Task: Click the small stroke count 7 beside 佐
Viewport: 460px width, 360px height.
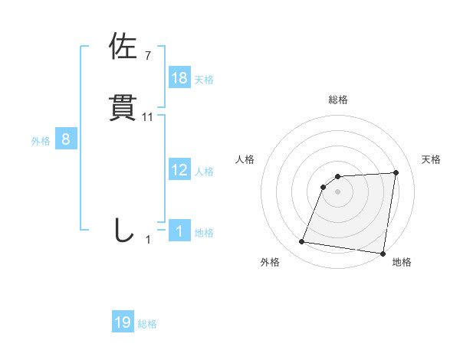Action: coord(147,55)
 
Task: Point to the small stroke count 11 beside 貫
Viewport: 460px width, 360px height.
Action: coord(148,117)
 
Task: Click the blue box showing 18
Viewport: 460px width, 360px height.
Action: coord(179,78)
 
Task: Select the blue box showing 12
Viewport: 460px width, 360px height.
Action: coord(179,170)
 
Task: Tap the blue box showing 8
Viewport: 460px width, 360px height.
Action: coord(66,139)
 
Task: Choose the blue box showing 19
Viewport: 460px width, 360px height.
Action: coord(123,322)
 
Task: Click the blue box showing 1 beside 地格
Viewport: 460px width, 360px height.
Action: coord(179,231)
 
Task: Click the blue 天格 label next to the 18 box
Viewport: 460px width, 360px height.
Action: coord(204,79)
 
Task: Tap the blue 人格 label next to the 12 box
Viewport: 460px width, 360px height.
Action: coord(204,171)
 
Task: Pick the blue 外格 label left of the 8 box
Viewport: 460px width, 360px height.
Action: coord(41,140)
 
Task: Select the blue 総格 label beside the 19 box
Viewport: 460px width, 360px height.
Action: coord(147,324)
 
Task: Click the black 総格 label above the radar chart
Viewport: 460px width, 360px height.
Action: coord(338,100)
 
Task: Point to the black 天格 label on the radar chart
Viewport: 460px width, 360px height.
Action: coord(432,159)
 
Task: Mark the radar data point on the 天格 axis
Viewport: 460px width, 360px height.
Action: coord(396,172)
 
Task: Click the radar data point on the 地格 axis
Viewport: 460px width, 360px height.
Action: coord(383,254)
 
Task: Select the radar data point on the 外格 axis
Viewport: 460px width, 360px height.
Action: coord(302,242)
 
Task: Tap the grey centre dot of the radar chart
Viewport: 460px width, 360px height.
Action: coord(338,191)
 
